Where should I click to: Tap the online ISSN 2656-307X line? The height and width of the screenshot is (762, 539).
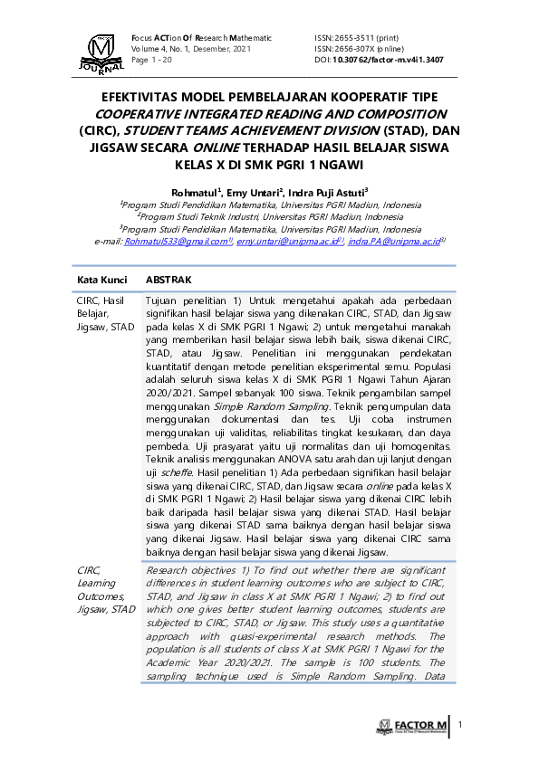click(360, 48)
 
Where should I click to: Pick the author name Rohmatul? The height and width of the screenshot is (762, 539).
click(193, 192)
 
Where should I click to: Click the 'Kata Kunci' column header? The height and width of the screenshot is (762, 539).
click(101, 281)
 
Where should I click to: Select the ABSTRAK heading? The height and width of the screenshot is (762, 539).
click(168, 281)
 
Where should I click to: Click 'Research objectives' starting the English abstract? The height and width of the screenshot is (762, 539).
click(187, 570)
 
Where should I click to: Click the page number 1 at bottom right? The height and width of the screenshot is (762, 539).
click(460, 725)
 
